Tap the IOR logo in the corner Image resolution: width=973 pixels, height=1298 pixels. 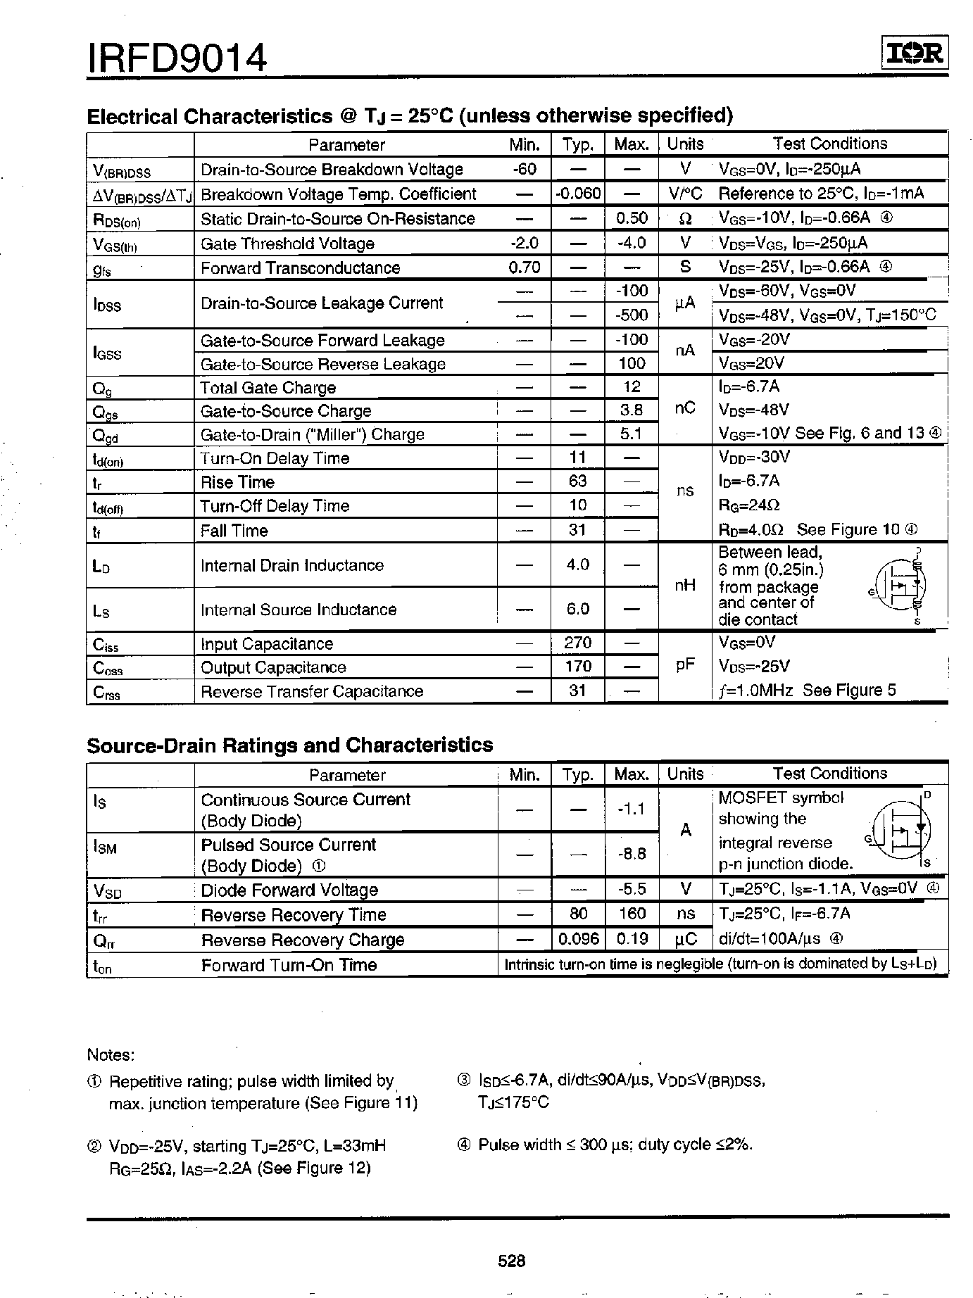(915, 54)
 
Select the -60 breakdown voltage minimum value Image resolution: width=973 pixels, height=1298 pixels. (525, 169)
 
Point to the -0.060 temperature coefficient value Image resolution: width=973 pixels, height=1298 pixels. (578, 194)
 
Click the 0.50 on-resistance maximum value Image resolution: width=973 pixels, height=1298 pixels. (632, 218)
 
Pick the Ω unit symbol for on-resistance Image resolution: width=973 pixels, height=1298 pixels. (685, 219)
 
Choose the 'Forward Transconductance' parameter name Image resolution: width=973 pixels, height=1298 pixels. (300, 268)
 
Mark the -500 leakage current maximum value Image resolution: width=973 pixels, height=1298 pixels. (632, 314)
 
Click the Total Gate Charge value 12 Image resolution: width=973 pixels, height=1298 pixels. (632, 386)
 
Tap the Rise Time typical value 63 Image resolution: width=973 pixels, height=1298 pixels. (577, 481)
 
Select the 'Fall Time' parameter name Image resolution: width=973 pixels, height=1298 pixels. (234, 531)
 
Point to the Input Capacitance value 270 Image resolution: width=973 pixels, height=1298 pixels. (577, 643)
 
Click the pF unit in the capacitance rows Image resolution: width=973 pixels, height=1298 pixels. (685, 665)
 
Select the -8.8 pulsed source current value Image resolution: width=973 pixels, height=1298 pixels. (632, 854)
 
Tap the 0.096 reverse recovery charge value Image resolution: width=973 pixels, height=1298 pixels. (578, 939)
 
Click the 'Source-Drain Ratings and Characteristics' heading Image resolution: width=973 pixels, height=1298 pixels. (289, 745)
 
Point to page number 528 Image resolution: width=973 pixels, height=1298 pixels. (512, 1261)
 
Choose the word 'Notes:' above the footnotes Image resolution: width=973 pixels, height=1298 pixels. (111, 1054)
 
